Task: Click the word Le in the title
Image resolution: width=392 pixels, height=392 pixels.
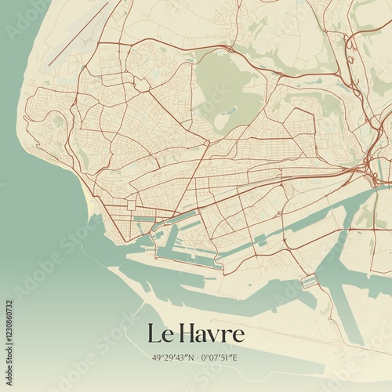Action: click(x=159, y=334)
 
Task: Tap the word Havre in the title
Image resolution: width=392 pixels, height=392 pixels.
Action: click(x=211, y=334)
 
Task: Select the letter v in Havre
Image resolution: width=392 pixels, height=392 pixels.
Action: click(x=214, y=336)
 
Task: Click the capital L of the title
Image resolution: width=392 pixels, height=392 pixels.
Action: click(x=154, y=334)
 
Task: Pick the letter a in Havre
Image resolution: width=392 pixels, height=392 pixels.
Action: click(x=201, y=336)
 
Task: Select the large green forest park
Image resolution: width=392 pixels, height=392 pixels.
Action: click(x=227, y=90)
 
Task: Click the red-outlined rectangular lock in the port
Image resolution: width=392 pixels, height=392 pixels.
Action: click(x=308, y=280)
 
